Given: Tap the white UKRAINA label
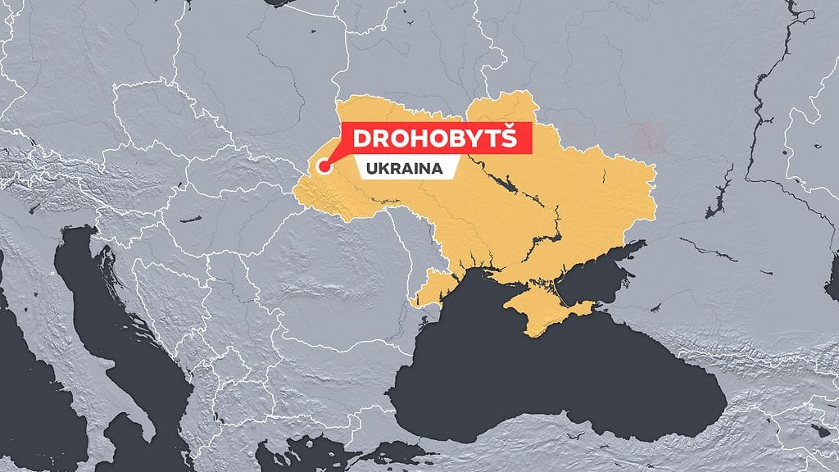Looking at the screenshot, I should click(401, 168).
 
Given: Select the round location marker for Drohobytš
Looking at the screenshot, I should click(324, 168).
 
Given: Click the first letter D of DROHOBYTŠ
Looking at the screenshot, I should click(362, 138).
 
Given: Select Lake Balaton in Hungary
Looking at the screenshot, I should click(190, 220).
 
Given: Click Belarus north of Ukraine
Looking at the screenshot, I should click(393, 49).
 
